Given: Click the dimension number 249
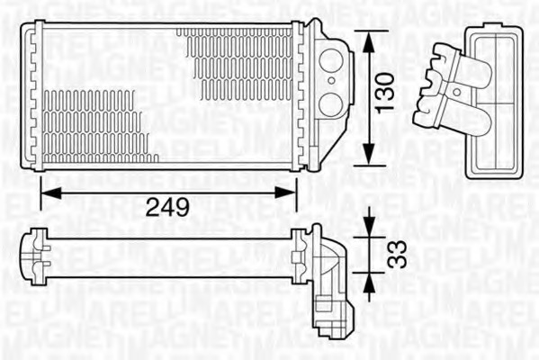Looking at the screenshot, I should click(167, 208).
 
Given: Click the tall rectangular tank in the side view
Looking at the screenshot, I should click(493, 99).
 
